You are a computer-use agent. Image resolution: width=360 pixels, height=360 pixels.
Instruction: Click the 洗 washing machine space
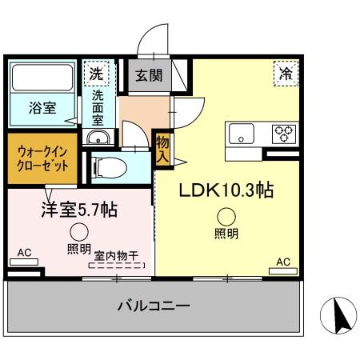pyautogui.click(x=96, y=73)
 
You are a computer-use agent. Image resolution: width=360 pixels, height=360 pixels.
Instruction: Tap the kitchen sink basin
pyautogui.click(x=242, y=134)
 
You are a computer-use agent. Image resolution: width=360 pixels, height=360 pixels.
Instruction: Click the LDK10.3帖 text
pyautogui.click(x=226, y=190)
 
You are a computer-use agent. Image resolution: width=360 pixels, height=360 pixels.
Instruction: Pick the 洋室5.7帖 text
pyautogui.click(x=79, y=210)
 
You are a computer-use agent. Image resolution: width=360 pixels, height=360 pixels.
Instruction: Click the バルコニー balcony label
pyautogui.click(x=153, y=306)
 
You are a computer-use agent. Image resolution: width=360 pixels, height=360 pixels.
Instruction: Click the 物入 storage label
pyautogui.click(x=162, y=150)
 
